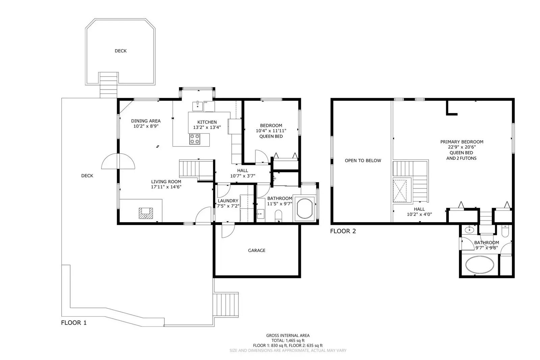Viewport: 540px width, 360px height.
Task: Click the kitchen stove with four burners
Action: coord(195,139)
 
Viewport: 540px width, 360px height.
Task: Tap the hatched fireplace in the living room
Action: coord(146,213)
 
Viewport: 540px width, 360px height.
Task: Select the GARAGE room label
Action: coord(257,250)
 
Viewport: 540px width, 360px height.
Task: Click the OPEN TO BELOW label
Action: coord(363,161)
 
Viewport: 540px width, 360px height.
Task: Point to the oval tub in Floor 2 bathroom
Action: coord(480,265)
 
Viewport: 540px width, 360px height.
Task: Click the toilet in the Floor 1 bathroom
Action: coord(278,215)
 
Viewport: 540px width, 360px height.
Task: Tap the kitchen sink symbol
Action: coord(198,106)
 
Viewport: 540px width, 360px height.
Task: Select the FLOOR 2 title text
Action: coord(343,231)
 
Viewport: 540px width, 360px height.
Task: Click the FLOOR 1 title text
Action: coord(74,323)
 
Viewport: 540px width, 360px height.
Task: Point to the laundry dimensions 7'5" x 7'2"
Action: coord(228,206)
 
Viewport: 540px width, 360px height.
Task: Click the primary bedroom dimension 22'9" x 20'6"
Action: coord(461,147)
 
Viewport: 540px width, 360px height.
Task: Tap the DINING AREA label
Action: coord(146,121)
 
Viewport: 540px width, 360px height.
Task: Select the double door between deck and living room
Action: coord(118,161)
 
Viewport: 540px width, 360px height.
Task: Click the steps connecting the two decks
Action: coord(108,85)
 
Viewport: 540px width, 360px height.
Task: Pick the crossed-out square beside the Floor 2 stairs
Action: coord(400,191)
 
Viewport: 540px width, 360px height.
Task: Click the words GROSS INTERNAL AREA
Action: coord(288,335)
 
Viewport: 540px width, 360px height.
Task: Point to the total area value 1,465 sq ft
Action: coord(295,340)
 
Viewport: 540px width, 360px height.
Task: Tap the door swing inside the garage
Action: coord(228,231)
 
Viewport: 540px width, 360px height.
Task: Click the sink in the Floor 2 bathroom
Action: coord(469,230)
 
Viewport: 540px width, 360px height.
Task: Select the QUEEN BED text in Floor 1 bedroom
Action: coord(271,136)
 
